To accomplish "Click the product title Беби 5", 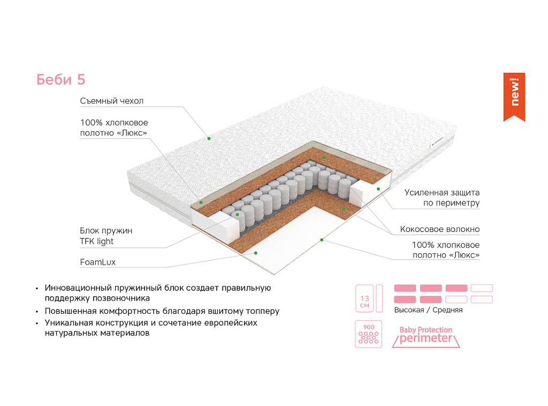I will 60,80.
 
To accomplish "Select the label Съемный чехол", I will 112,101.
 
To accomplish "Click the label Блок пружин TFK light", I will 106,236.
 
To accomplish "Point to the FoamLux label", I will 98,262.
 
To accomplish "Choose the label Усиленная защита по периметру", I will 442,198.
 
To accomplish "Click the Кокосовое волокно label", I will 440,229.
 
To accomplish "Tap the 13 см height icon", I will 364,298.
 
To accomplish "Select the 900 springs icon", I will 368,334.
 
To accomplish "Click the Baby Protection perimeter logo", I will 426,336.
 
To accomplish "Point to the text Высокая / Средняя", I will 428,310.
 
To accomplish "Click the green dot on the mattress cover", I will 209,138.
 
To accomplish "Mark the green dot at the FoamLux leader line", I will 256,252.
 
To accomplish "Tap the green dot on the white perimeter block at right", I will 378,189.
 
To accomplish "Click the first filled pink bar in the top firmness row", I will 405,288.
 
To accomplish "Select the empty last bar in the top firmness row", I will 482,288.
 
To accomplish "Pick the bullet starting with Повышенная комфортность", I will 162,311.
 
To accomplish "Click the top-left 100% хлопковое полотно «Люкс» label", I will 114,128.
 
